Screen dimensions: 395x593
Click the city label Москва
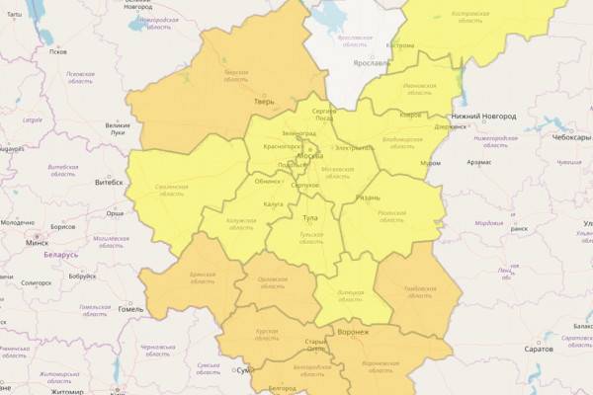pos(309,157)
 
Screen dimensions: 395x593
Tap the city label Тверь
pos(264,101)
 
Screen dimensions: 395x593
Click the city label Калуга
pos(274,203)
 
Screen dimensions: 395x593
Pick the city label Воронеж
pos(352,333)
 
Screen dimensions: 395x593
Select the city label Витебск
pos(108,182)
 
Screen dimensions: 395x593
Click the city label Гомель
pos(130,309)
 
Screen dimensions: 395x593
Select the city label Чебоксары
pos(571,138)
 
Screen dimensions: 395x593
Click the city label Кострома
pos(400,45)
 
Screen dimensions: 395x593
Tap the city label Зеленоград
pos(300,131)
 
